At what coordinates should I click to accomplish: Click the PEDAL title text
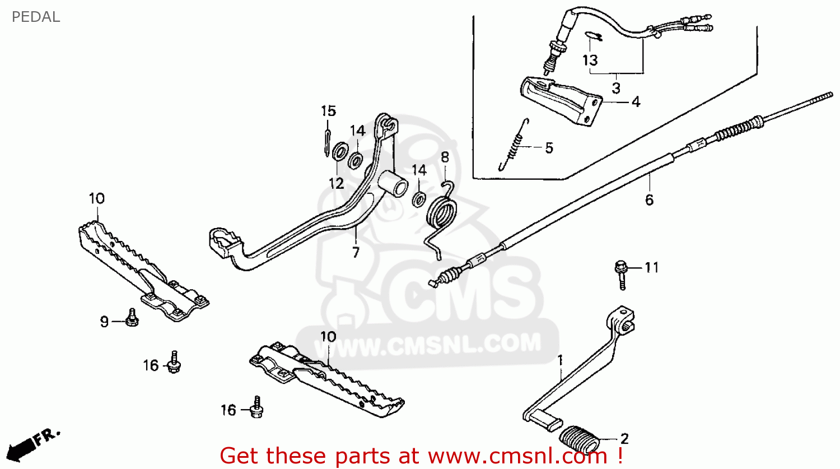pyautogui.click(x=35, y=17)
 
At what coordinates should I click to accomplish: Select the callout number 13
pyautogui.click(x=590, y=60)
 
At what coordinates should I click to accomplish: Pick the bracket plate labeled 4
pyautogui.click(x=560, y=101)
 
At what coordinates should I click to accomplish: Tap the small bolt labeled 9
pyautogui.click(x=132, y=318)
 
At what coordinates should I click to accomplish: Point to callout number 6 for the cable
pyautogui.click(x=649, y=199)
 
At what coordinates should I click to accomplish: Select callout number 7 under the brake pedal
pyautogui.click(x=356, y=252)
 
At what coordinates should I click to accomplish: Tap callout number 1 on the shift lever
pyautogui.click(x=560, y=360)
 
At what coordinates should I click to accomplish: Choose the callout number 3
pyautogui.click(x=616, y=88)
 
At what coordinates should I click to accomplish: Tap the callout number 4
pyautogui.click(x=636, y=102)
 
